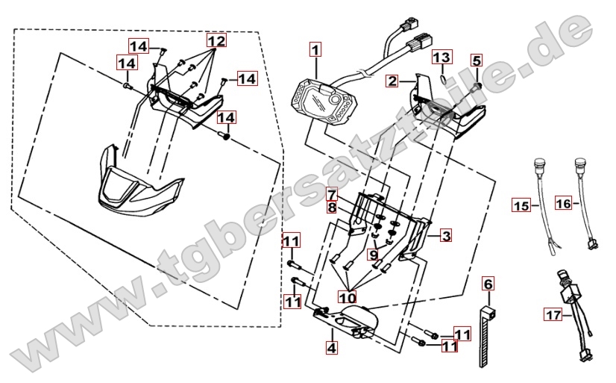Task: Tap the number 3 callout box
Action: pos(446,237)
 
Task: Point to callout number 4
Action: pos(331,346)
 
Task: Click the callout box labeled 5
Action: pos(477,60)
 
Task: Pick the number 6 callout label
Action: pos(488,284)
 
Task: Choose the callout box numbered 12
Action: pos(216,40)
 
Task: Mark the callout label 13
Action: pos(442,57)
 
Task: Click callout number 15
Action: pos(521,204)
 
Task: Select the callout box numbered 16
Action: pos(563,203)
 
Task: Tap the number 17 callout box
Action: pos(553,316)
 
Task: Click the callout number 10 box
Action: pos(345,295)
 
